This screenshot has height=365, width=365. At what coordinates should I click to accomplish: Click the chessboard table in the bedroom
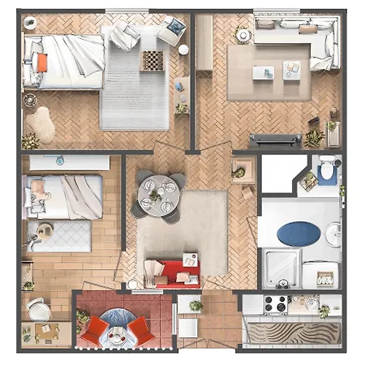click(x=152, y=60)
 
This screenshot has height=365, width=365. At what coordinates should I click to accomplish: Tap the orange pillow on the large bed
click(x=41, y=62)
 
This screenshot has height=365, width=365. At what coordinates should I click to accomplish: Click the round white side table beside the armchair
click(x=184, y=49)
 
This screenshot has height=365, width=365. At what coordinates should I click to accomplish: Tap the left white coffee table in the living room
click(x=262, y=73)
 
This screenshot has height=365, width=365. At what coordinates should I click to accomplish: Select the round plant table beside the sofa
click(x=243, y=35)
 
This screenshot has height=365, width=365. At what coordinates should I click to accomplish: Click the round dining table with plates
click(x=156, y=193)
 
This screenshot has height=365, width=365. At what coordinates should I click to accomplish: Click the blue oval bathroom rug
click(x=298, y=234)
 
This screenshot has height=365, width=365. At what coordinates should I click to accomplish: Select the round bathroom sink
click(x=333, y=234)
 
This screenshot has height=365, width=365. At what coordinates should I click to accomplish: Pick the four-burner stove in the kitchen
click(x=275, y=305)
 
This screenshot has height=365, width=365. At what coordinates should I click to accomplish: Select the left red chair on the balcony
click(x=96, y=329)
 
